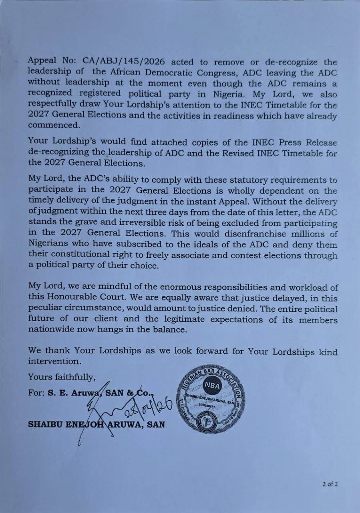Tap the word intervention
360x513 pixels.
54,361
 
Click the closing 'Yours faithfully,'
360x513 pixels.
62,377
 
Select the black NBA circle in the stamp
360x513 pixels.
211,386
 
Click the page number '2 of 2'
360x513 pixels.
330,484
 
